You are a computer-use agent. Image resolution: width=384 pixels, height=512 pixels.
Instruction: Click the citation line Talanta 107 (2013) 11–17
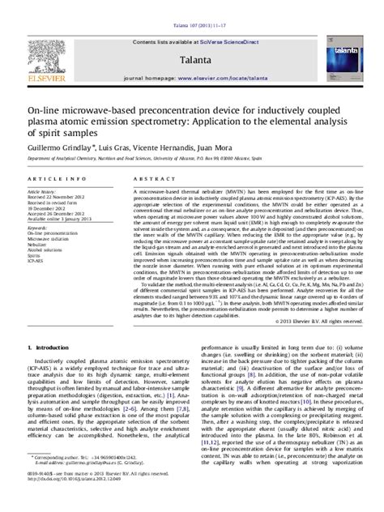pyautogui.click(x=192, y=6)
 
